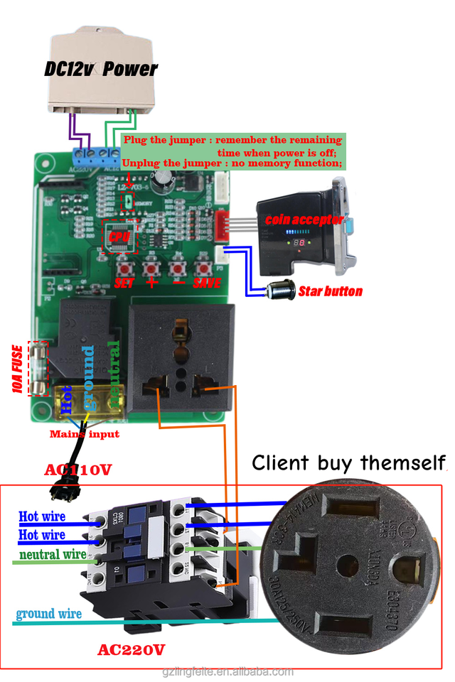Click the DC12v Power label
pyautogui.click(x=100, y=70)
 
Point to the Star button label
pyautogui.click(x=330, y=291)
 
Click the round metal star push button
pyautogui.click(x=279, y=291)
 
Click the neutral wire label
pyautogui.click(x=54, y=553)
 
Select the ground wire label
pyautogui.click(x=49, y=613)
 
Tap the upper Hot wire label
pyautogui.click(x=42, y=516)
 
